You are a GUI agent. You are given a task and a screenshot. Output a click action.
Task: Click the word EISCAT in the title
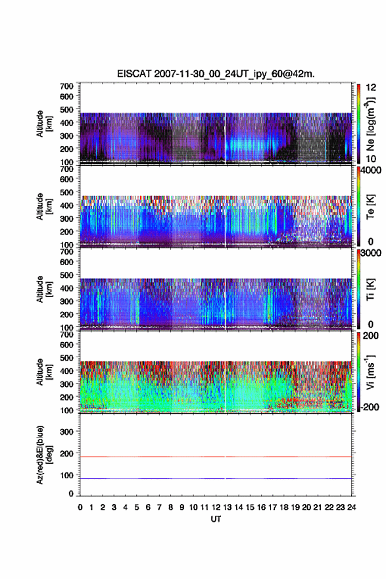pos(134,74)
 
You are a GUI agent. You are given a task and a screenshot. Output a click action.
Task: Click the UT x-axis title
pos(216,519)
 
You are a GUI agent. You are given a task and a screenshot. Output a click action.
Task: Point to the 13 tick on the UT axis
pos(228,507)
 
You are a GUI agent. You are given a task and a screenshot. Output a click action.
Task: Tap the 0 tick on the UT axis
pos(80,507)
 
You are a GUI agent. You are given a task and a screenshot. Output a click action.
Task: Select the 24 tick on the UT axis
pos(351,507)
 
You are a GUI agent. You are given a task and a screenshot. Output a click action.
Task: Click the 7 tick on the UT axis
pos(159,507)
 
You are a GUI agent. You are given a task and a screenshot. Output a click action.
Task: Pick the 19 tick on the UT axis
pos(295,507)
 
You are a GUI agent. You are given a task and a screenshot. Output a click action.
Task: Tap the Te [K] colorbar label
pos(370,207)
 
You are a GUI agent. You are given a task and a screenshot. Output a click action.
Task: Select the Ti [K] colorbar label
pos(370,289)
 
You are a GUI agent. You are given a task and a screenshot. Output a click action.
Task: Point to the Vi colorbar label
pos(370,372)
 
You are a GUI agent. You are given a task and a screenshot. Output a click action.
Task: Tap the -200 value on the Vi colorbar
pos(370,407)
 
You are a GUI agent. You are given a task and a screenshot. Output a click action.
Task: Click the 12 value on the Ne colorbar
pos(372,88)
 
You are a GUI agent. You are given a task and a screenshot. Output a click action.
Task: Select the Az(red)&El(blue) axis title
pos(43,455)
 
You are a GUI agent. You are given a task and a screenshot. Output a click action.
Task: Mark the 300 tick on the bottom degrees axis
pos(66,432)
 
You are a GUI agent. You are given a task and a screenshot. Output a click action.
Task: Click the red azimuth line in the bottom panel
pos(216,457)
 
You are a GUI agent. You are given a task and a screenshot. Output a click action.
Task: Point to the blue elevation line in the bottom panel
pos(216,478)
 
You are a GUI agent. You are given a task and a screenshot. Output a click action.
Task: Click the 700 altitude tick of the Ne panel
pos(66,86)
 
